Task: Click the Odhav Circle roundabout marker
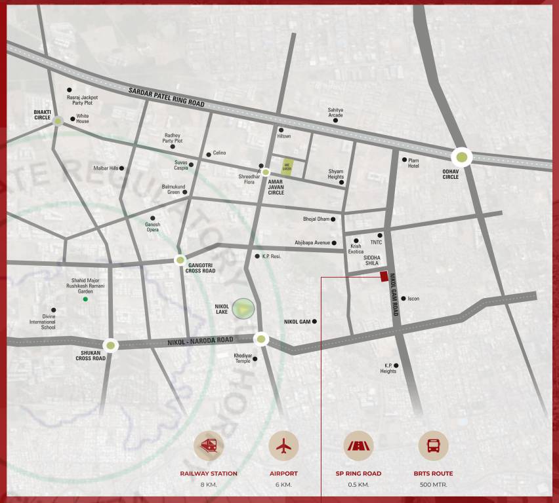click(x=462, y=157)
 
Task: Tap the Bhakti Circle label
click(x=42, y=115)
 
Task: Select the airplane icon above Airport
click(x=283, y=446)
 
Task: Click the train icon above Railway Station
click(x=209, y=446)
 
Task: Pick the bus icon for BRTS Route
click(x=433, y=446)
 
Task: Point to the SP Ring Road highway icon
click(x=358, y=446)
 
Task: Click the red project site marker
click(x=384, y=276)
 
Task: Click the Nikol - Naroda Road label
click(x=200, y=340)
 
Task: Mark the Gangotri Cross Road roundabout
click(x=180, y=260)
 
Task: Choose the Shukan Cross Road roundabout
click(x=111, y=345)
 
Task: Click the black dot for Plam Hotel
click(x=404, y=159)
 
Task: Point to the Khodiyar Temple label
click(x=243, y=358)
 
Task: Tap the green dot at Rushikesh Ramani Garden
click(x=85, y=299)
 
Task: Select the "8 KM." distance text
click(x=209, y=485)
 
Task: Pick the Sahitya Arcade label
click(x=335, y=113)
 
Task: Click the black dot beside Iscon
click(x=403, y=299)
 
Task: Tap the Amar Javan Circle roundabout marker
click(x=266, y=172)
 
